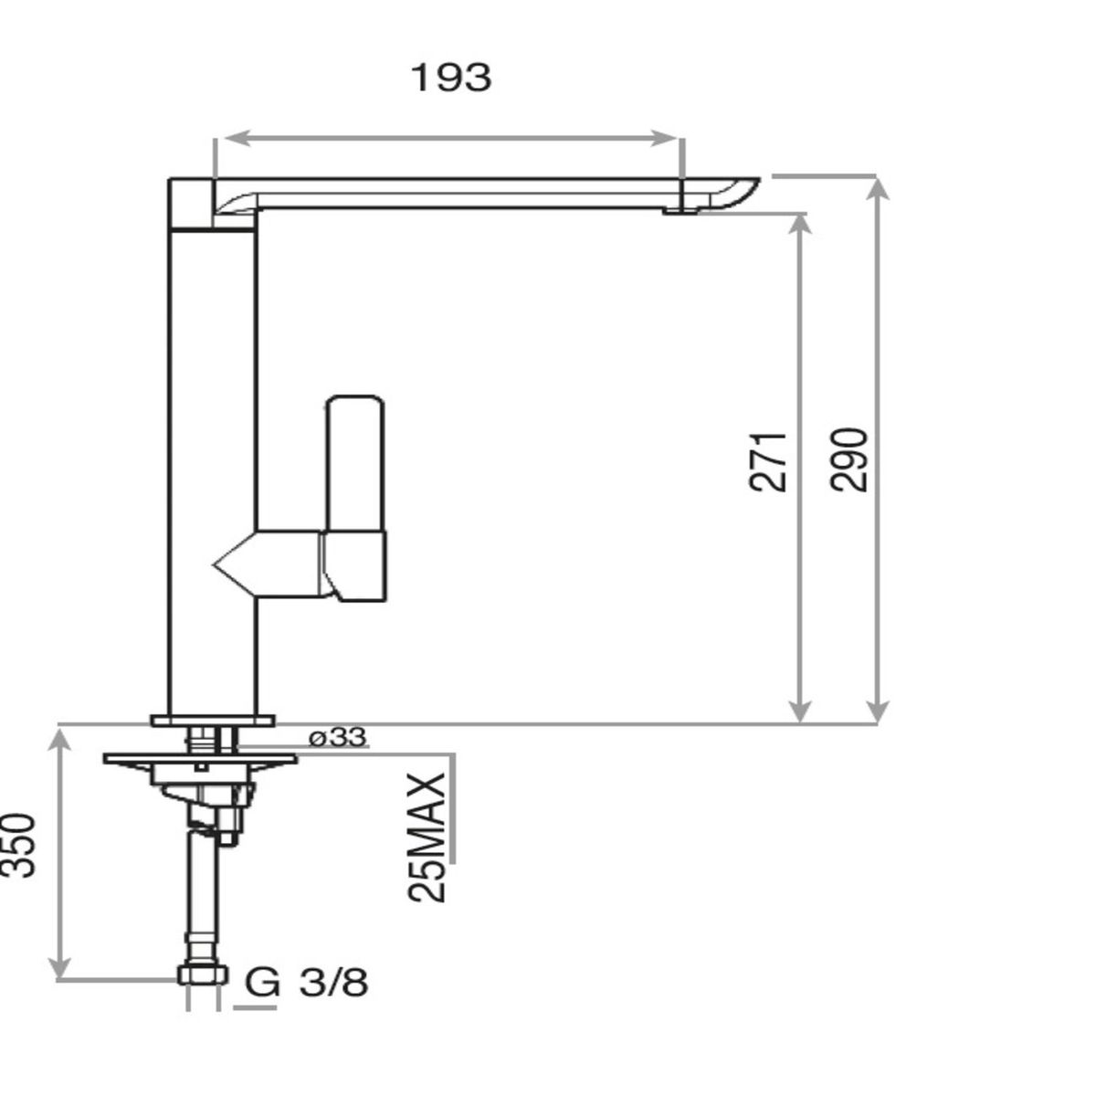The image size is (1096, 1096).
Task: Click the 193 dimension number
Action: [x=450, y=78]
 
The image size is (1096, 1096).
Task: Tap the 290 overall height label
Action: [x=849, y=459]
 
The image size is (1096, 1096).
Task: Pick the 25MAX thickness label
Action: [x=427, y=838]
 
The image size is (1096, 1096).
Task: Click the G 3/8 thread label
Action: [x=307, y=983]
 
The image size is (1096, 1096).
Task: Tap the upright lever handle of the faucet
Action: [x=356, y=461]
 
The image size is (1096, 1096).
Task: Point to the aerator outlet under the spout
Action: [x=676, y=210]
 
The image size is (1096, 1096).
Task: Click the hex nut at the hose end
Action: [x=202, y=975]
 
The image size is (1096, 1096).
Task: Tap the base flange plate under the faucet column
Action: [x=213, y=721]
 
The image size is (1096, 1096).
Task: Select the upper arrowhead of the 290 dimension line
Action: [x=877, y=186]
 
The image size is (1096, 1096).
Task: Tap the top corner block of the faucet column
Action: [x=190, y=203]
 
